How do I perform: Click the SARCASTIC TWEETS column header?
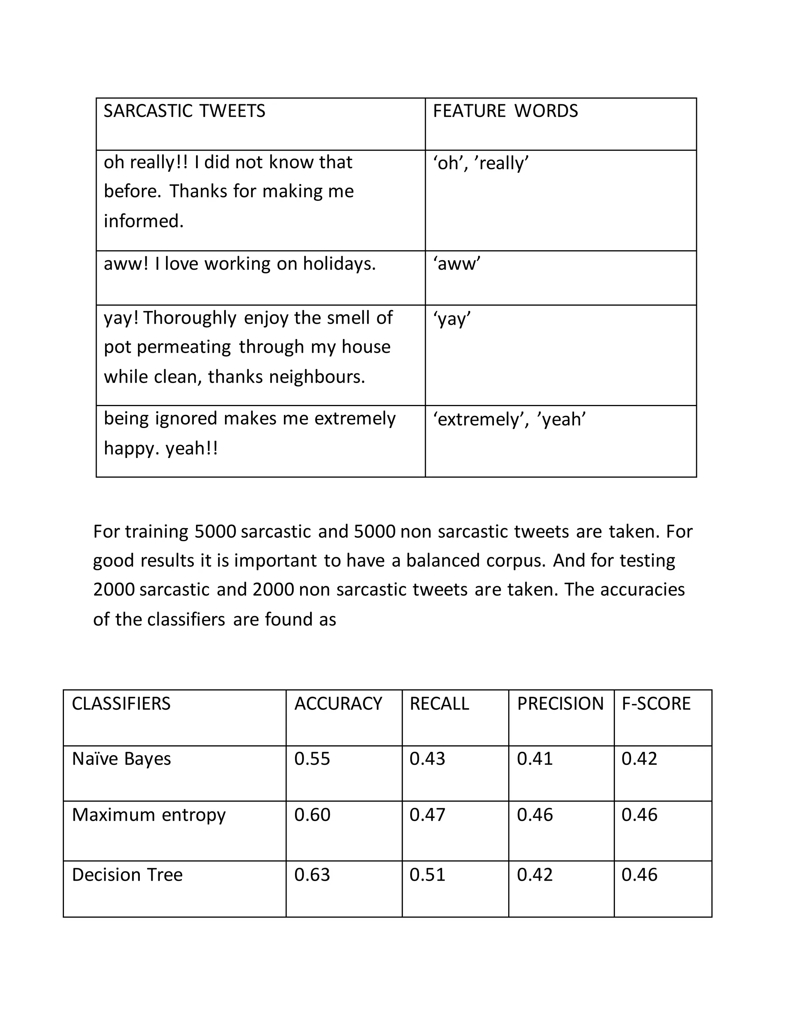(184, 111)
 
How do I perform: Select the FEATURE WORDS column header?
(505, 111)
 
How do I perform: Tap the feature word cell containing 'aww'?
(457, 264)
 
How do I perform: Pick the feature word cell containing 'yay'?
(452, 319)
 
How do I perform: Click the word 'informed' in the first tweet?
(143, 221)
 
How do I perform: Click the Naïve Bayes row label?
(121, 759)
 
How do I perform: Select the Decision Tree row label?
(127, 875)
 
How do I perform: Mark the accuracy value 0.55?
(312, 759)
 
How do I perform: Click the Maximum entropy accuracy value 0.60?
(312, 815)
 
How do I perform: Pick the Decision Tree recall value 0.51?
(427, 875)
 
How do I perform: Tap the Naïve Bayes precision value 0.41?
(535, 759)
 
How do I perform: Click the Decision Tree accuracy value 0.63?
(312, 875)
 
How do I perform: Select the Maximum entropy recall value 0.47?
(427, 815)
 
